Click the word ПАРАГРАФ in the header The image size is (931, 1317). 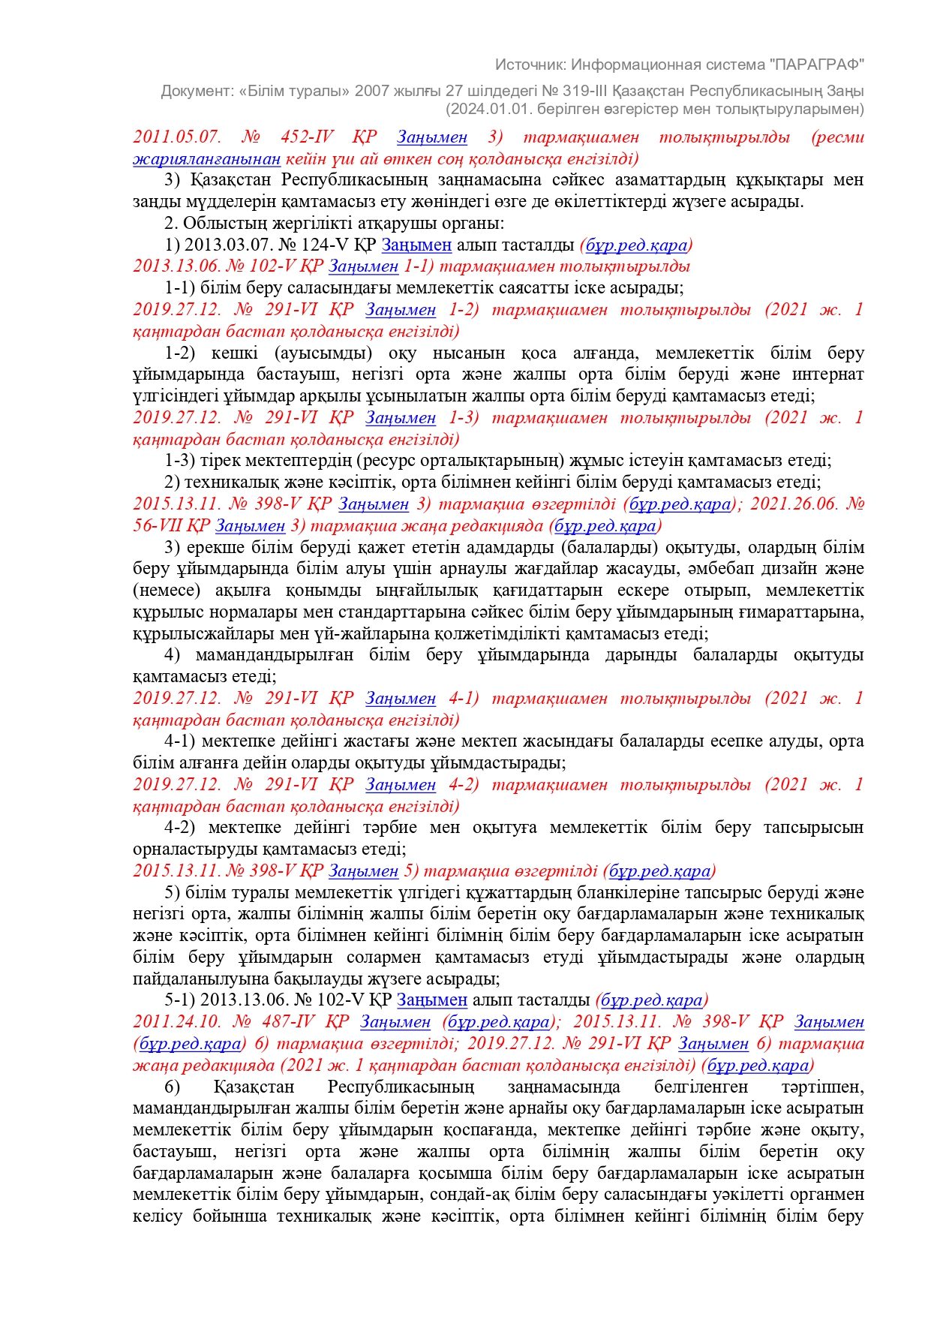point(817,65)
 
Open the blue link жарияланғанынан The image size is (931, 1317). point(206,158)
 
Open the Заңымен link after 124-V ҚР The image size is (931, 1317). point(416,245)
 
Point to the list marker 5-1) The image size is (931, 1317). point(179,1000)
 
